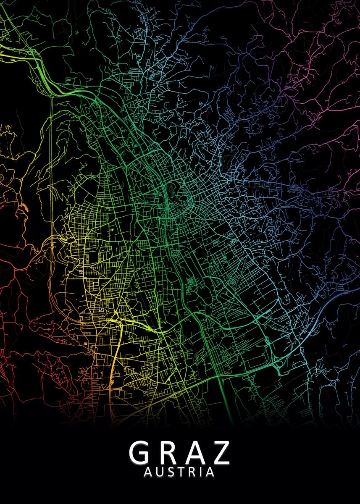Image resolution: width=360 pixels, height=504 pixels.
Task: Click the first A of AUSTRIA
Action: pyautogui.click(x=148, y=472)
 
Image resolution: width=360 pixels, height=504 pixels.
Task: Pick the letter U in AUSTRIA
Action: pyautogui.click(x=159, y=472)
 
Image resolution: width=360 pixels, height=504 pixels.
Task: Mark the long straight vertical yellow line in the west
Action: pyautogui.click(x=51, y=168)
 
